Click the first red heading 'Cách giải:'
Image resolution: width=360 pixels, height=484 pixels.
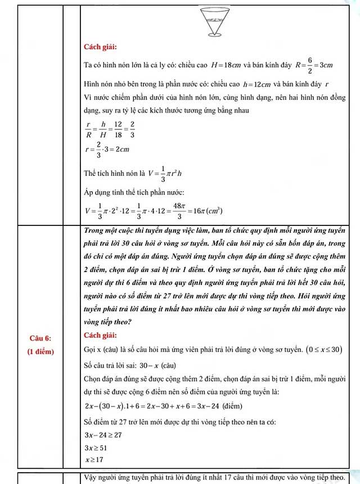100,47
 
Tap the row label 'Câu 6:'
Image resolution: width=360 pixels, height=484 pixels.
40,338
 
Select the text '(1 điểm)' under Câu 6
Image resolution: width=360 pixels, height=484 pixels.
40,351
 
